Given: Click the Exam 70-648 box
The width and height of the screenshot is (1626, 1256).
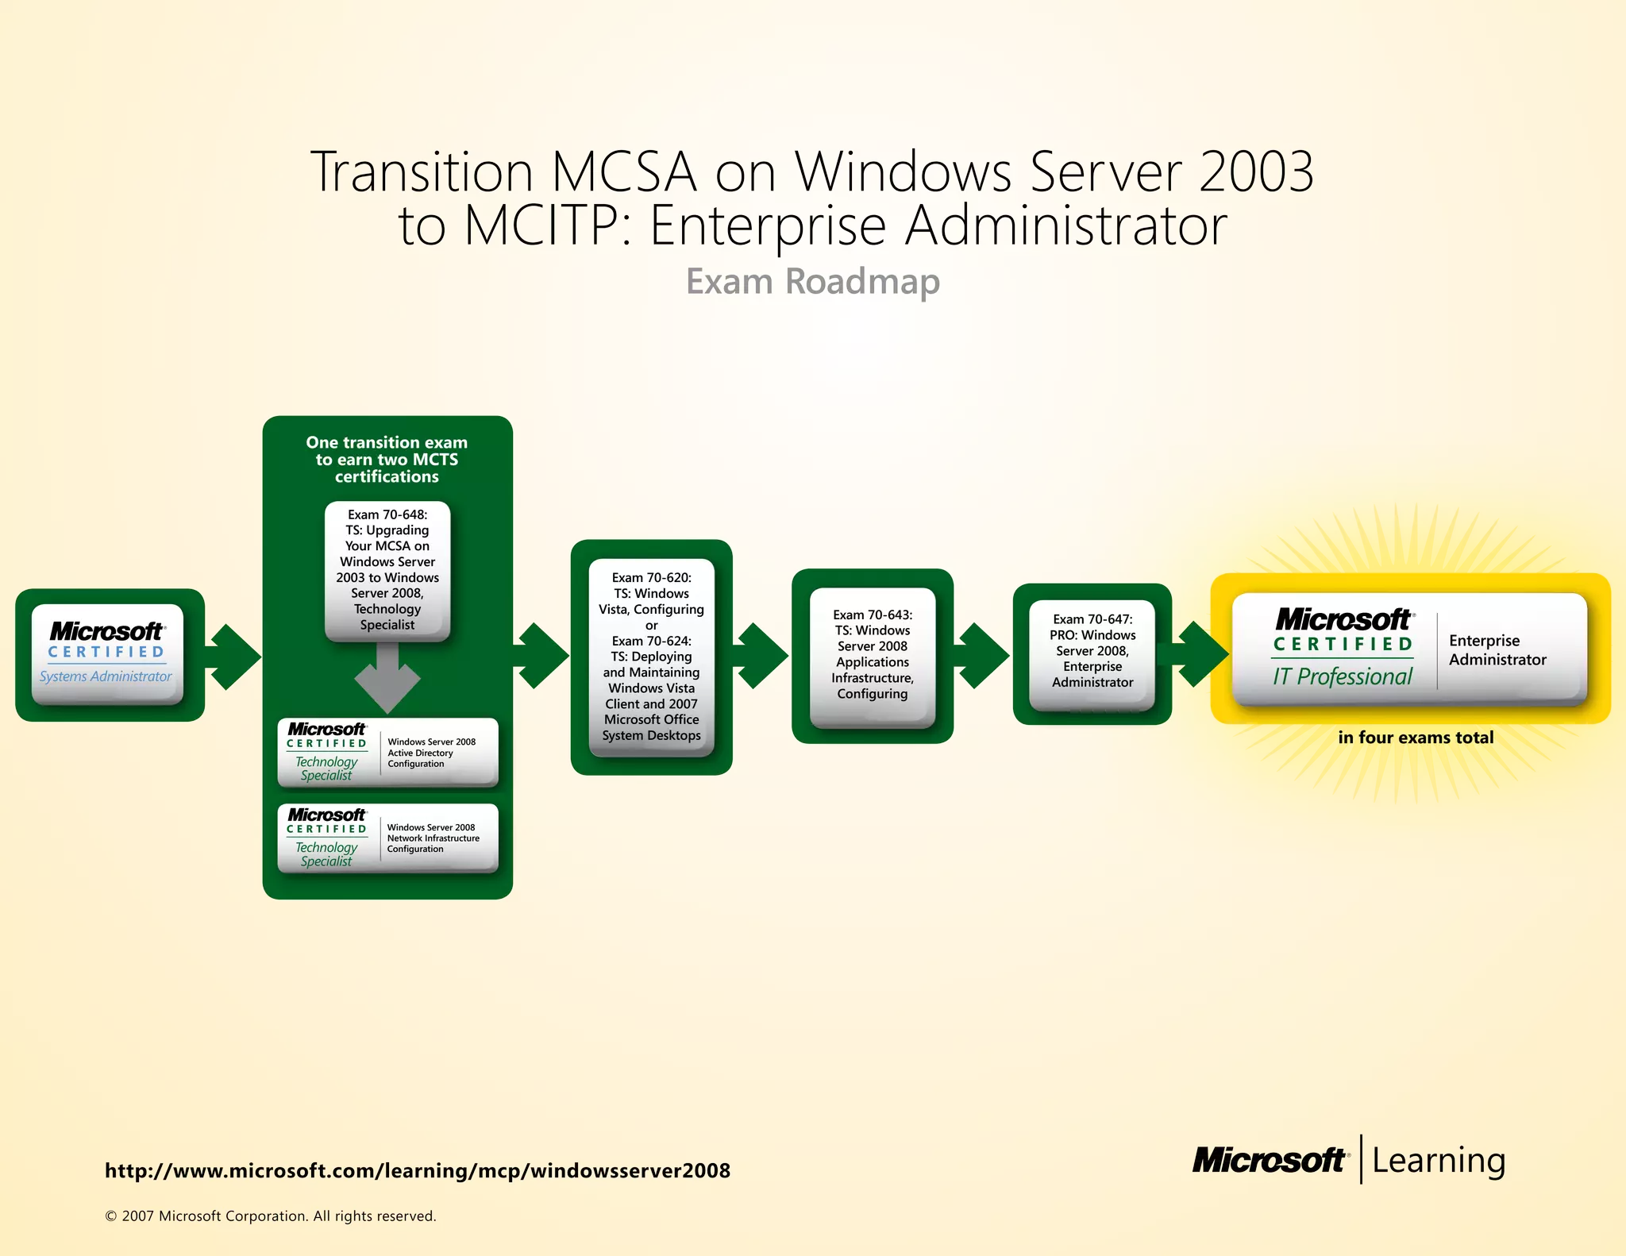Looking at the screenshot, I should [387, 569].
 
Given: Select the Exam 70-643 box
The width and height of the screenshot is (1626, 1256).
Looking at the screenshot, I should [872, 655].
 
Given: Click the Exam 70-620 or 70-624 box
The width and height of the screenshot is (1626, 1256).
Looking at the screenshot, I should [651, 657].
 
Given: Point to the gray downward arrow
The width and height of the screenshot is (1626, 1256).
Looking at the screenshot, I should [387, 679].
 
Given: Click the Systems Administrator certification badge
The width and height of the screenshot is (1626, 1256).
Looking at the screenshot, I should [107, 654].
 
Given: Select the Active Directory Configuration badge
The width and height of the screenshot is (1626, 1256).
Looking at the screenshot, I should [387, 753].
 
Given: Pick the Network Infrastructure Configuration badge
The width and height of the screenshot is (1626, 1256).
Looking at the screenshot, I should [387, 838].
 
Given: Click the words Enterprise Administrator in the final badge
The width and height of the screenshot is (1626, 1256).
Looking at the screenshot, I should [1497, 650].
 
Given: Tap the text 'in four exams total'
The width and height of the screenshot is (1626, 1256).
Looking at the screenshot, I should [1415, 738].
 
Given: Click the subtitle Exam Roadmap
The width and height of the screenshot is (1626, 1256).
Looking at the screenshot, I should [812, 282].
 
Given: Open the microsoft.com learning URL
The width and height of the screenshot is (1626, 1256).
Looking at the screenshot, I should [417, 1171].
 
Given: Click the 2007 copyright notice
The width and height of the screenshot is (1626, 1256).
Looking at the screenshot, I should [270, 1216].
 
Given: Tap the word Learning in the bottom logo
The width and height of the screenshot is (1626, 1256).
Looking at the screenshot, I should [1438, 1161].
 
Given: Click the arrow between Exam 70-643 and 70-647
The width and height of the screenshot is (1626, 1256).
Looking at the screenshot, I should [983, 656].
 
